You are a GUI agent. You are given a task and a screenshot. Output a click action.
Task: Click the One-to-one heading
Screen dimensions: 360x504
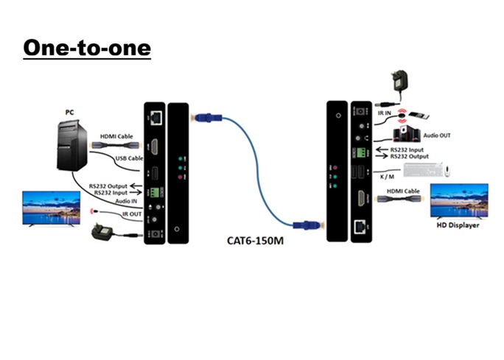pos(87,48)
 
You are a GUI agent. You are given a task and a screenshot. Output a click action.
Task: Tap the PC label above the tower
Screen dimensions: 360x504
pos(69,112)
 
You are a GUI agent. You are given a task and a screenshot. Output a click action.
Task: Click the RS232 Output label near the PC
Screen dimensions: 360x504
pos(107,186)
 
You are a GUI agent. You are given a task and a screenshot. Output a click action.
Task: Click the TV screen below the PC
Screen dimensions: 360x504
pos(52,208)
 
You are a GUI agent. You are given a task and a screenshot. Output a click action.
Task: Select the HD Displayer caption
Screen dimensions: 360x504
pos(458,225)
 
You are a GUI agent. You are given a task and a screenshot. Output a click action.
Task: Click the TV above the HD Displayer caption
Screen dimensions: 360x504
pos(458,200)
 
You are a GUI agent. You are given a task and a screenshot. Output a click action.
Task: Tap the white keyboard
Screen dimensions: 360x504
pos(422,170)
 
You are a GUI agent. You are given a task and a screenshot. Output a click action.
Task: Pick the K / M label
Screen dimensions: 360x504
pos(385,177)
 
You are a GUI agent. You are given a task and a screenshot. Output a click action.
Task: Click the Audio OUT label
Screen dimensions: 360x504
pos(438,135)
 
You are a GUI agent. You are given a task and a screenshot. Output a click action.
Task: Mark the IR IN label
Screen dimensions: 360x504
pos(384,113)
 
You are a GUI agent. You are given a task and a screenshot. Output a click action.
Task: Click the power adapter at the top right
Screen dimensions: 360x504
pos(401,82)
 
